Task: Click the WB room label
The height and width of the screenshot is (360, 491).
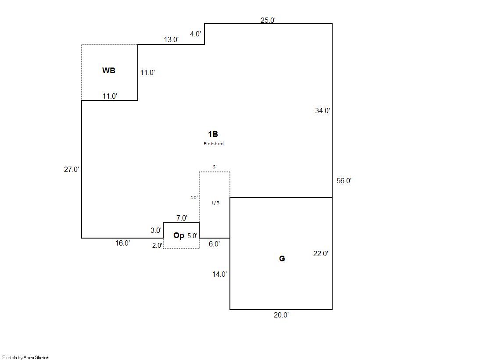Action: tap(109, 70)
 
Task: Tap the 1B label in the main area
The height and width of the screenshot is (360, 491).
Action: tap(213, 134)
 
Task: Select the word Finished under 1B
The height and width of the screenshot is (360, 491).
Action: tap(213, 144)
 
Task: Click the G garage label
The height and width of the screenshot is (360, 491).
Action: tap(282, 259)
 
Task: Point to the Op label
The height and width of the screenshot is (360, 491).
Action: tap(179, 235)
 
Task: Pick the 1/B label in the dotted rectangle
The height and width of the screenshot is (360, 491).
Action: tap(215, 203)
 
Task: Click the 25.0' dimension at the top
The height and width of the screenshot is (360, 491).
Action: tap(268, 20)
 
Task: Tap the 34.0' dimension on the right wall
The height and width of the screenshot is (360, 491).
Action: tap(323, 110)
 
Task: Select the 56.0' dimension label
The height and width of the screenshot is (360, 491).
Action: tap(344, 181)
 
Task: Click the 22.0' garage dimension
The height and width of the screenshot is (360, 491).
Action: tap(321, 253)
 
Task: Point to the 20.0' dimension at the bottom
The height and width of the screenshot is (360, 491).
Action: tap(281, 315)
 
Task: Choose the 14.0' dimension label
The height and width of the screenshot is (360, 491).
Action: tap(219, 274)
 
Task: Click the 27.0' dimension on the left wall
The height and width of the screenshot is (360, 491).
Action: tap(72, 169)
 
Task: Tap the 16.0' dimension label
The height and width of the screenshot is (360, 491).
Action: tap(122, 243)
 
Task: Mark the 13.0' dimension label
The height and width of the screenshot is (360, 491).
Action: tap(171, 39)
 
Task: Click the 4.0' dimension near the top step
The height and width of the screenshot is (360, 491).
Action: tap(195, 34)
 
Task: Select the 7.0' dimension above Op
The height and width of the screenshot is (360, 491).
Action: tap(182, 218)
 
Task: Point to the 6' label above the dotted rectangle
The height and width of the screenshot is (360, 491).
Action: tap(214, 167)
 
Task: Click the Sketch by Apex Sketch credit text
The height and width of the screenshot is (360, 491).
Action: tap(26, 357)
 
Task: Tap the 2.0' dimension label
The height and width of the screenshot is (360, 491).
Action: tap(157, 246)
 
